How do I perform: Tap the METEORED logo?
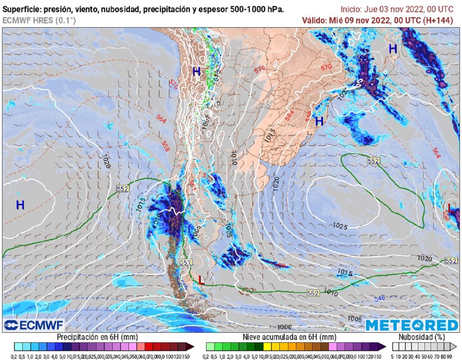(411, 325)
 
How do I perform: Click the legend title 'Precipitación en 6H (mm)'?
(97, 337)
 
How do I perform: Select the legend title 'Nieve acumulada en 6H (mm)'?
(289, 337)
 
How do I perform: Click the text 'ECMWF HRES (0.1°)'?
(39, 20)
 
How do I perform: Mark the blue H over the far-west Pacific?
(20, 205)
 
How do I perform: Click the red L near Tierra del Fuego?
(201, 280)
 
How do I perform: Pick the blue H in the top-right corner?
(393, 48)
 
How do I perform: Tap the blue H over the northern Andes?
(196, 71)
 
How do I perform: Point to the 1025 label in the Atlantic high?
(340, 226)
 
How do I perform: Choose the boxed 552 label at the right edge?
(451, 261)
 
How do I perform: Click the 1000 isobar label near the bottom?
(284, 327)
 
